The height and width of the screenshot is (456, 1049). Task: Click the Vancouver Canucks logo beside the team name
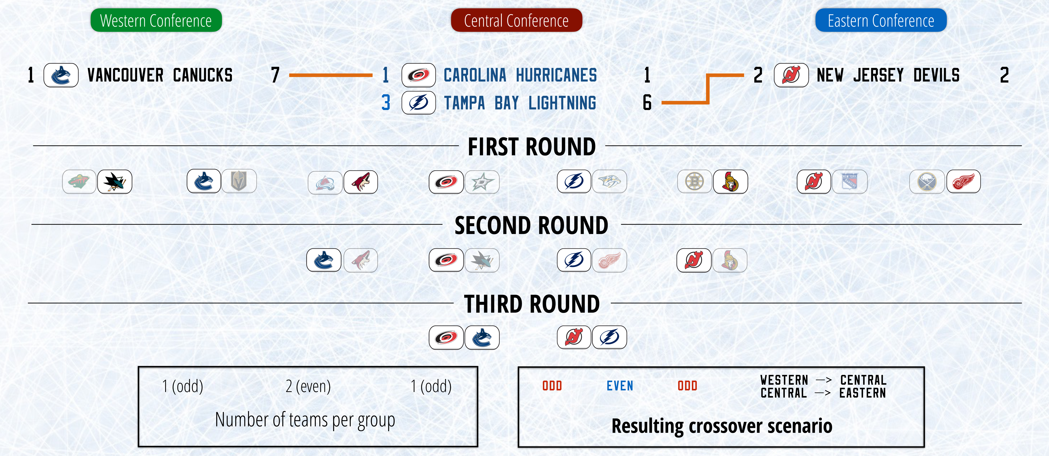61,75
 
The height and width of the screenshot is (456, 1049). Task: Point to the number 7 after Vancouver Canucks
275,75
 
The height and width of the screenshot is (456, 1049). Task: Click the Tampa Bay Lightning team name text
520,103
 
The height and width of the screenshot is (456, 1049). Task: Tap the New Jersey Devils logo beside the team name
791,75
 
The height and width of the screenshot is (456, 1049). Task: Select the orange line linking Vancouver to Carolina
331,75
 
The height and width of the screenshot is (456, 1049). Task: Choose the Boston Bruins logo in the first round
695,181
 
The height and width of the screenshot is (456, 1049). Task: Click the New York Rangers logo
850,181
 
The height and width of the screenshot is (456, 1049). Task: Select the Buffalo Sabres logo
927,181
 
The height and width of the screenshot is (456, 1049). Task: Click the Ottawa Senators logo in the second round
730,260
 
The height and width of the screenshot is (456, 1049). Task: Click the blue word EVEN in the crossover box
620,386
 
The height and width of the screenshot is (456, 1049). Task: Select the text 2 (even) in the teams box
308,386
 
